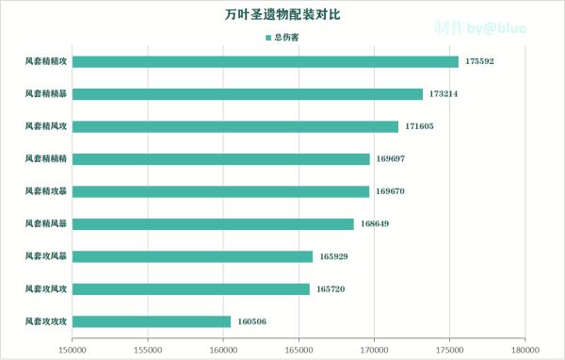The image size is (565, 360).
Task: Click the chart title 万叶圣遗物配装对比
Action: coord(282,16)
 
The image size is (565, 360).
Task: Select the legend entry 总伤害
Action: coord(282,38)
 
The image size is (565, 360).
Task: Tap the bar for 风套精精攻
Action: coord(266,62)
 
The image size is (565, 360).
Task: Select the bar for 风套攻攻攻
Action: coord(152,321)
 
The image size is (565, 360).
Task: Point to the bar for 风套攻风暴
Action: coord(192,256)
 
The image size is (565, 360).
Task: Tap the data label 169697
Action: coord(390,159)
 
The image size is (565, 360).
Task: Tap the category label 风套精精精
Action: coord(46,159)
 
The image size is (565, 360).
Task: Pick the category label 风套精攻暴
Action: coord(46,191)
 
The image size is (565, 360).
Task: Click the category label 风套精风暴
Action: coord(46,224)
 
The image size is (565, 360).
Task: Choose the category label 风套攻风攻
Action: coord(46,289)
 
